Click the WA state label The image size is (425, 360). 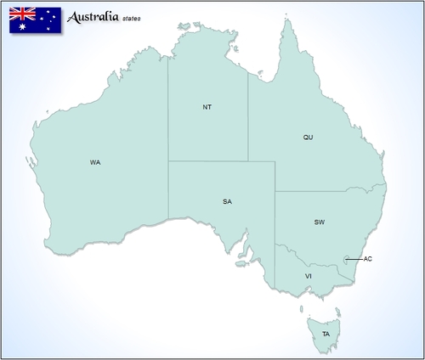pos(95,161)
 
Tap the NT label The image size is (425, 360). pos(207,107)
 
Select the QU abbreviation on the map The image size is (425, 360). pos(309,137)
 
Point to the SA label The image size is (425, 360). pos(227,201)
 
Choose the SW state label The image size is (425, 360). pos(320,222)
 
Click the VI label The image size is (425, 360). pos(309,276)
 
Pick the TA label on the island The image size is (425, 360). pos(326,334)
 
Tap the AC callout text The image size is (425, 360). pos(367,259)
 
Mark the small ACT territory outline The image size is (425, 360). pos(345,259)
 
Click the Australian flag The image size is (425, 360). pos(34,20)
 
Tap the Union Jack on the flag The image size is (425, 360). pos(22,14)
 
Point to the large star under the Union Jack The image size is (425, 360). pos(22,27)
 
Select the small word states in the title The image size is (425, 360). pos(132,19)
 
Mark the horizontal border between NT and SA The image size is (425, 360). pos(208,161)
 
